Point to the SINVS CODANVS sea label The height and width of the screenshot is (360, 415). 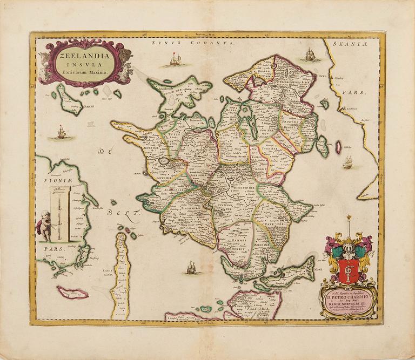[x=192, y=42]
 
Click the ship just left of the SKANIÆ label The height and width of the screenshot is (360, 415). [x=310, y=53]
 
